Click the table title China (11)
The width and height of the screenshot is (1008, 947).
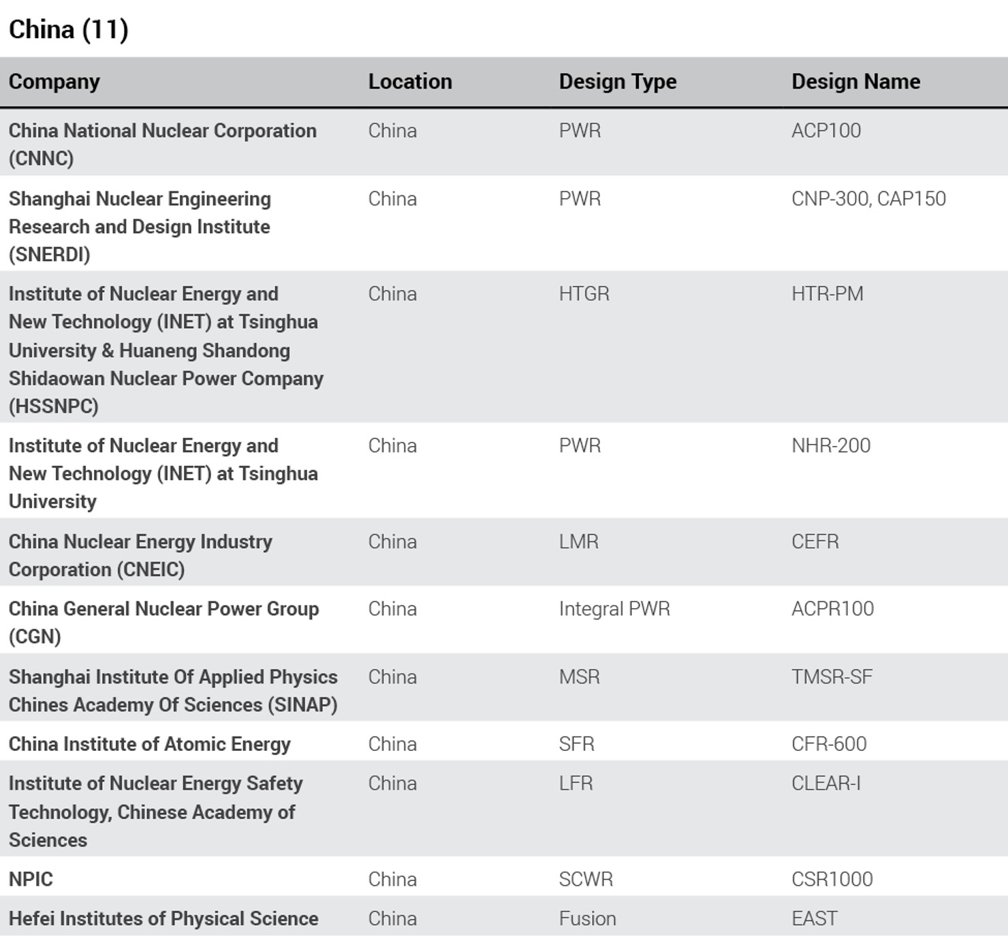tap(68, 30)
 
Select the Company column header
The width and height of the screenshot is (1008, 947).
tap(54, 82)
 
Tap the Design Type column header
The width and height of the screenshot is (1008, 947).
tap(617, 82)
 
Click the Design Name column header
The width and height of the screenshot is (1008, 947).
tap(855, 82)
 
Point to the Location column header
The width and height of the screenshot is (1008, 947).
tap(409, 82)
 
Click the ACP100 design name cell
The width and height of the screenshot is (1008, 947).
tap(825, 131)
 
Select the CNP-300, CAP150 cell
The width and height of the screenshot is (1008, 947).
tap(868, 199)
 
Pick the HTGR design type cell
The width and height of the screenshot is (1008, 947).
tap(584, 294)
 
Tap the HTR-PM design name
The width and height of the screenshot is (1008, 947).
tap(827, 294)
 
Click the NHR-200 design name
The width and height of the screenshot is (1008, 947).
tap(830, 446)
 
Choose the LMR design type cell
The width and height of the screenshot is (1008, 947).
tap(578, 542)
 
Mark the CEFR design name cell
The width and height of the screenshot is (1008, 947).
tap(815, 542)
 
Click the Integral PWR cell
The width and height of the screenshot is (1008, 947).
tap(614, 609)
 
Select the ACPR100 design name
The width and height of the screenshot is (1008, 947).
tap(832, 609)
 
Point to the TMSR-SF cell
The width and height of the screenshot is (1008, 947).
tap(831, 677)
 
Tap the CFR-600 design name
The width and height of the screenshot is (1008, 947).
tap(828, 744)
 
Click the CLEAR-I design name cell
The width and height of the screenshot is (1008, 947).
tap(825, 784)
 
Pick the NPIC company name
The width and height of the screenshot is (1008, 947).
tap(31, 880)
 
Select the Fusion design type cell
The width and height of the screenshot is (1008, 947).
tap(587, 919)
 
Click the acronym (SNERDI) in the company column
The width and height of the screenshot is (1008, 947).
tap(49, 255)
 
